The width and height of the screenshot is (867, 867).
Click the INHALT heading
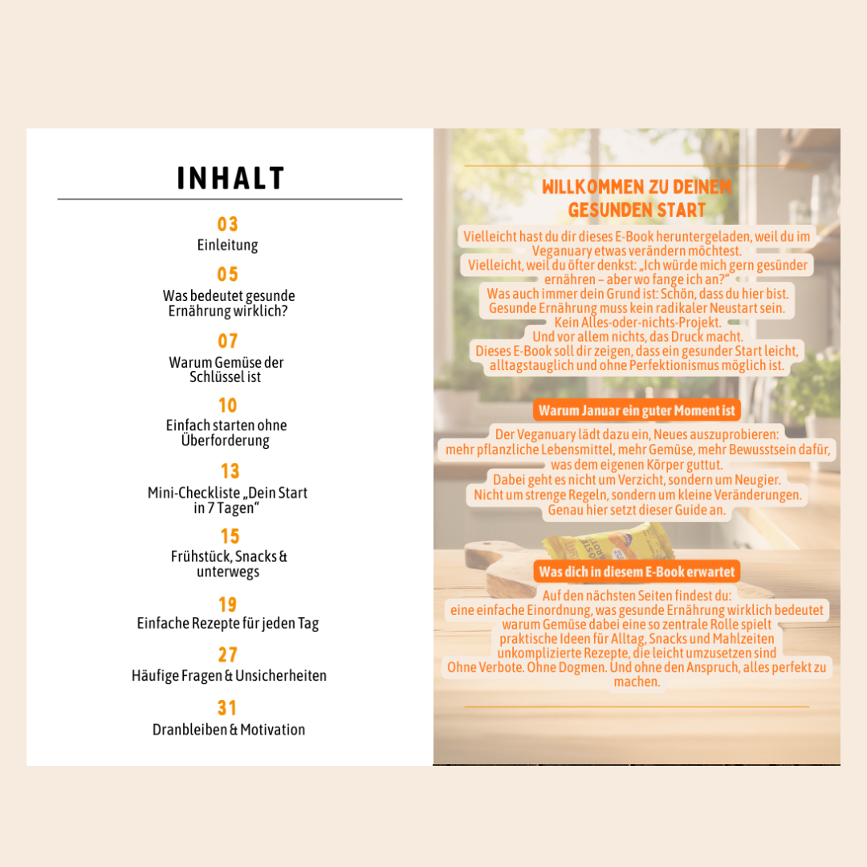coord(230,178)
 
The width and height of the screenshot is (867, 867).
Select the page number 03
coord(228,224)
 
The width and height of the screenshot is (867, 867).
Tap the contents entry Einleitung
coord(228,245)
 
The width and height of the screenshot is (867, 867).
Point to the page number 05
coord(228,275)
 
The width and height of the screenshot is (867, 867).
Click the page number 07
coord(228,341)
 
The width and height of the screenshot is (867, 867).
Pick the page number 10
coord(228,405)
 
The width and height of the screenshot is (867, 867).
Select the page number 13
coord(230,471)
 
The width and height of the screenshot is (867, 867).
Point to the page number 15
coord(230,535)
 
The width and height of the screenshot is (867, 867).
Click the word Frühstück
coord(201,556)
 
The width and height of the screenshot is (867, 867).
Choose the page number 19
coord(228,604)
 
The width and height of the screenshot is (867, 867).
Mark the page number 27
coord(228,655)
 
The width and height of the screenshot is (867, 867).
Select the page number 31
coord(228,708)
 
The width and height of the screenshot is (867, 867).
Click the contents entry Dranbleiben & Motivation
coord(229,730)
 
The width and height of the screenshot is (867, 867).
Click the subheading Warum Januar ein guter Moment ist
coord(637,411)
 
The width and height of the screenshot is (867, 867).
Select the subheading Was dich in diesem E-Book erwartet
coord(637,572)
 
